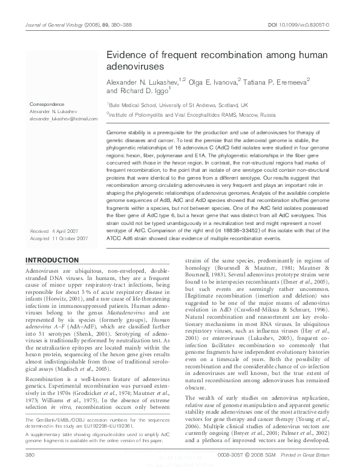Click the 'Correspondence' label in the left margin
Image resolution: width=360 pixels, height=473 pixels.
(x=46, y=105)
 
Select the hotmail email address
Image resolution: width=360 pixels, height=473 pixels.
(x=59, y=119)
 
